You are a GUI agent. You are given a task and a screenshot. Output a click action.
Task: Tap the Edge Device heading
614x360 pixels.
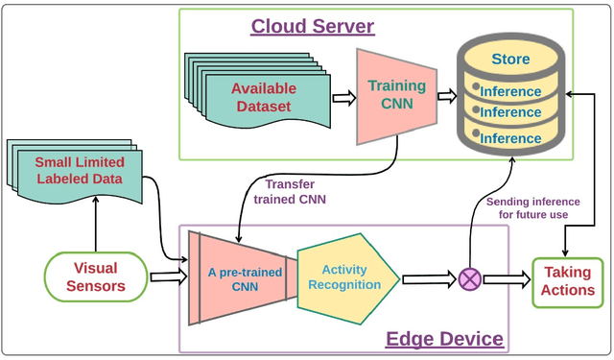443,338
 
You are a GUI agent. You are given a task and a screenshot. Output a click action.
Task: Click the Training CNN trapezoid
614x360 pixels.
397,95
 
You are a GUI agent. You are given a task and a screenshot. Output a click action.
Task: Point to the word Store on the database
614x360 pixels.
510,60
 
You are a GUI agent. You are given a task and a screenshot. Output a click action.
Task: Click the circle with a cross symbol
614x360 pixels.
470,279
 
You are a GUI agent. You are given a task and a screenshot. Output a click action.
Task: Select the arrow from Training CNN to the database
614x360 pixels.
447,96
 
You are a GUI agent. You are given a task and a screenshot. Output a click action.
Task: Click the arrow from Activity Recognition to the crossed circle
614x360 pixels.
427,279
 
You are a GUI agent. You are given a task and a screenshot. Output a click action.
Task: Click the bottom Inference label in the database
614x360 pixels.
510,138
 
